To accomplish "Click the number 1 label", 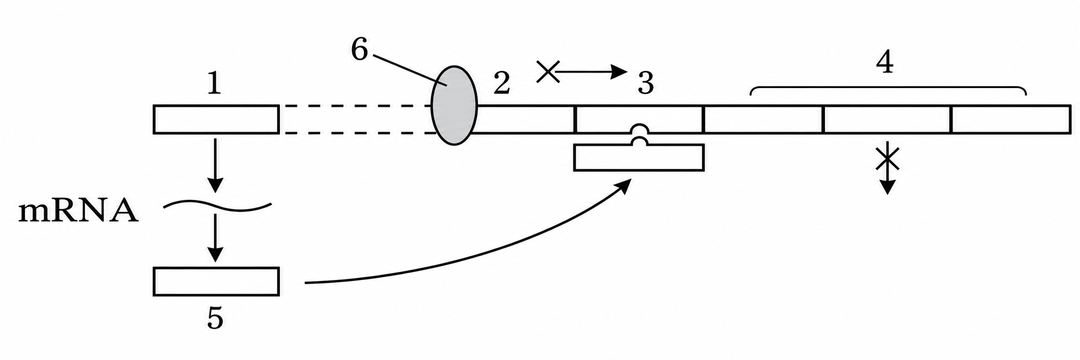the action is (x=214, y=84).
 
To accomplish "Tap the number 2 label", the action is (x=501, y=83).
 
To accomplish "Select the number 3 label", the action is (x=645, y=83).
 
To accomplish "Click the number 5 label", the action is (x=215, y=318).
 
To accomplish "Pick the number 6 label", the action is (x=359, y=50).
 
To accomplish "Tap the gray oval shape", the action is (x=454, y=105).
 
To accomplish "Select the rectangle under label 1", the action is (x=216, y=119).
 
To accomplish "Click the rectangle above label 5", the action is (x=216, y=281).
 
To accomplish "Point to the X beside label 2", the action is (x=548, y=72).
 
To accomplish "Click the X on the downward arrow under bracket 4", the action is (x=888, y=160).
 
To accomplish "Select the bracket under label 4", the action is (x=888, y=90).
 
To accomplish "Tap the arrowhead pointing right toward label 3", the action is (x=620, y=72).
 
